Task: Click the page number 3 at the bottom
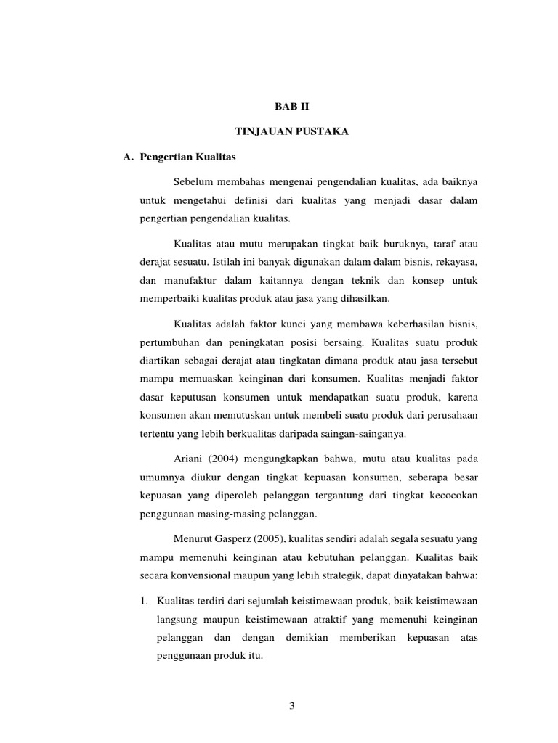(x=291, y=707)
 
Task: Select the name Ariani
(x=190, y=459)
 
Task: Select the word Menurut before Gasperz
(x=194, y=539)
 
